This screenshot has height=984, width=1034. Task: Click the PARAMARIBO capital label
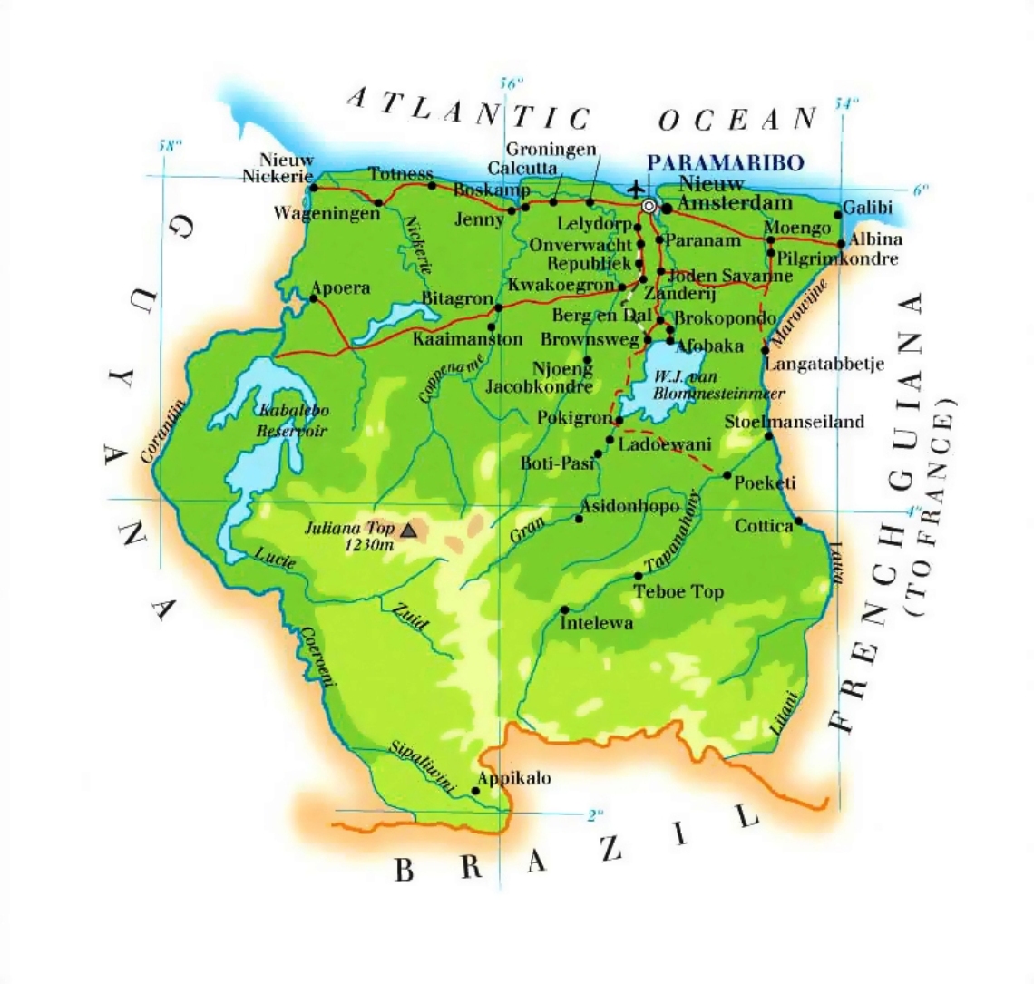725,162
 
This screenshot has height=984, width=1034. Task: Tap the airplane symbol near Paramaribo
637,188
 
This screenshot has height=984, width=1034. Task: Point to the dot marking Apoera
314,298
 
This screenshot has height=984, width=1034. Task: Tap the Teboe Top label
678,592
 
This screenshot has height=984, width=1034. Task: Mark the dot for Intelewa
564,609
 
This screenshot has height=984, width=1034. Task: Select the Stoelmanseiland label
795,422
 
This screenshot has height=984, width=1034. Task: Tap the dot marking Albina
841,243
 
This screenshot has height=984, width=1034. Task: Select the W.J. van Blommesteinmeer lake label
707,385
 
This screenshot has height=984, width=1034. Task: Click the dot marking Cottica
798,521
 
